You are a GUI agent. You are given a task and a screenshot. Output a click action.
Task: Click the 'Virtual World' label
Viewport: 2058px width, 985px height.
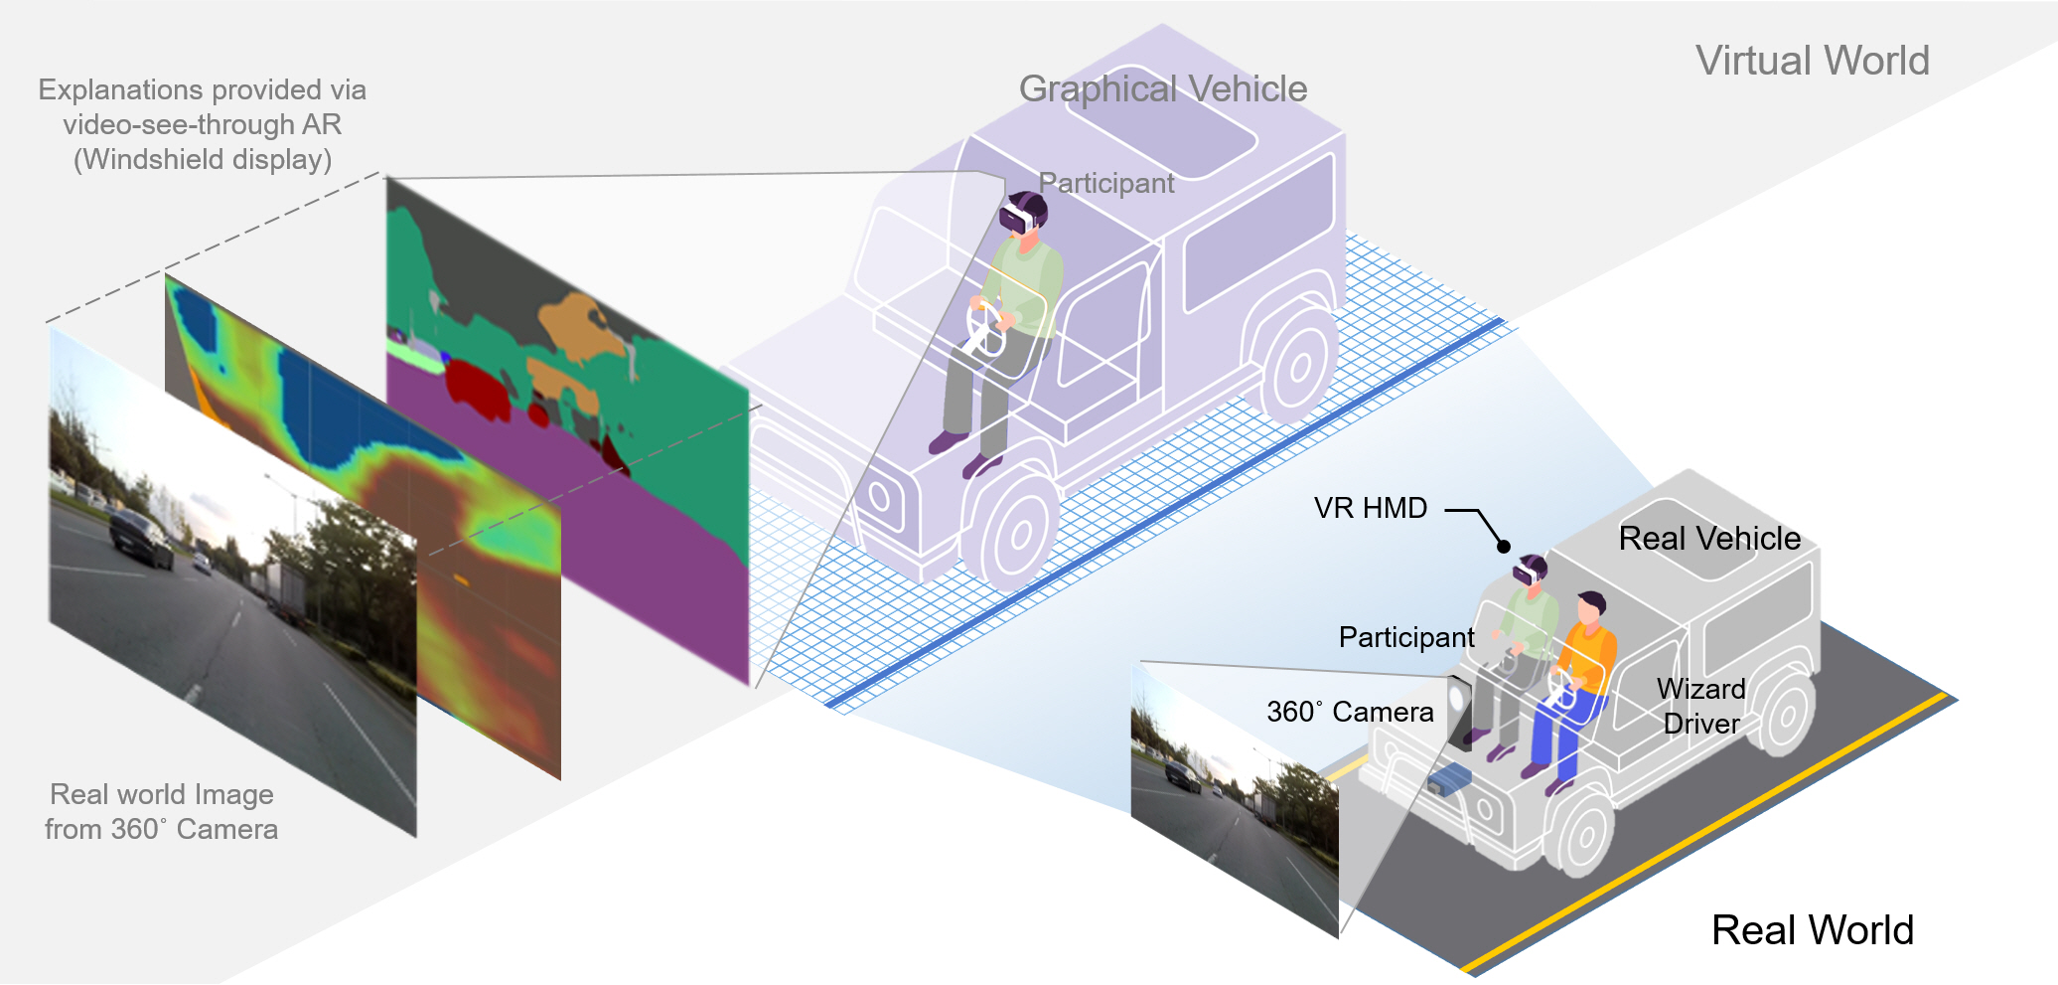(1812, 61)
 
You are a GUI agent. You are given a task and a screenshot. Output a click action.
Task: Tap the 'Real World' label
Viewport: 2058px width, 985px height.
(1812, 930)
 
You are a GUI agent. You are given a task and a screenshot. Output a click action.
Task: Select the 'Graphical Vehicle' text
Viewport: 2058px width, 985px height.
(1162, 89)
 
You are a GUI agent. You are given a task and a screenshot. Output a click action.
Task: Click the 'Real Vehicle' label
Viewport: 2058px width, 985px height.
(1709, 539)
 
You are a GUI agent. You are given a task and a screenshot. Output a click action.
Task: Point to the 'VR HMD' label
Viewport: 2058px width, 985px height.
(1370, 508)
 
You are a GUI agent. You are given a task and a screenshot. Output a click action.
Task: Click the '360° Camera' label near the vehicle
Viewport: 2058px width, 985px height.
(1350, 712)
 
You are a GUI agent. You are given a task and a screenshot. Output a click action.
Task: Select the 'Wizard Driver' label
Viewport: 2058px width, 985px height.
(1701, 706)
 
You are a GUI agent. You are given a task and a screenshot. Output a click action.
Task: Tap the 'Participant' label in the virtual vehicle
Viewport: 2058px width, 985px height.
(1105, 183)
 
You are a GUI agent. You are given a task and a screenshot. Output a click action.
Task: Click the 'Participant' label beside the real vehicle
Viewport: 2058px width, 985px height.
(1406, 637)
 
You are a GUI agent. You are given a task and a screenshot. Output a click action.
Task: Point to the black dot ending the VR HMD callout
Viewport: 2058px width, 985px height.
(1504, 547)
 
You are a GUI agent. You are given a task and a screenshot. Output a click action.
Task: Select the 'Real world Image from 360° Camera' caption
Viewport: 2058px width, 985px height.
(161, 812)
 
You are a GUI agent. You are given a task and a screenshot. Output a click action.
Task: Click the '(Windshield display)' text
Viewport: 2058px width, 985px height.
(203, 160)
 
